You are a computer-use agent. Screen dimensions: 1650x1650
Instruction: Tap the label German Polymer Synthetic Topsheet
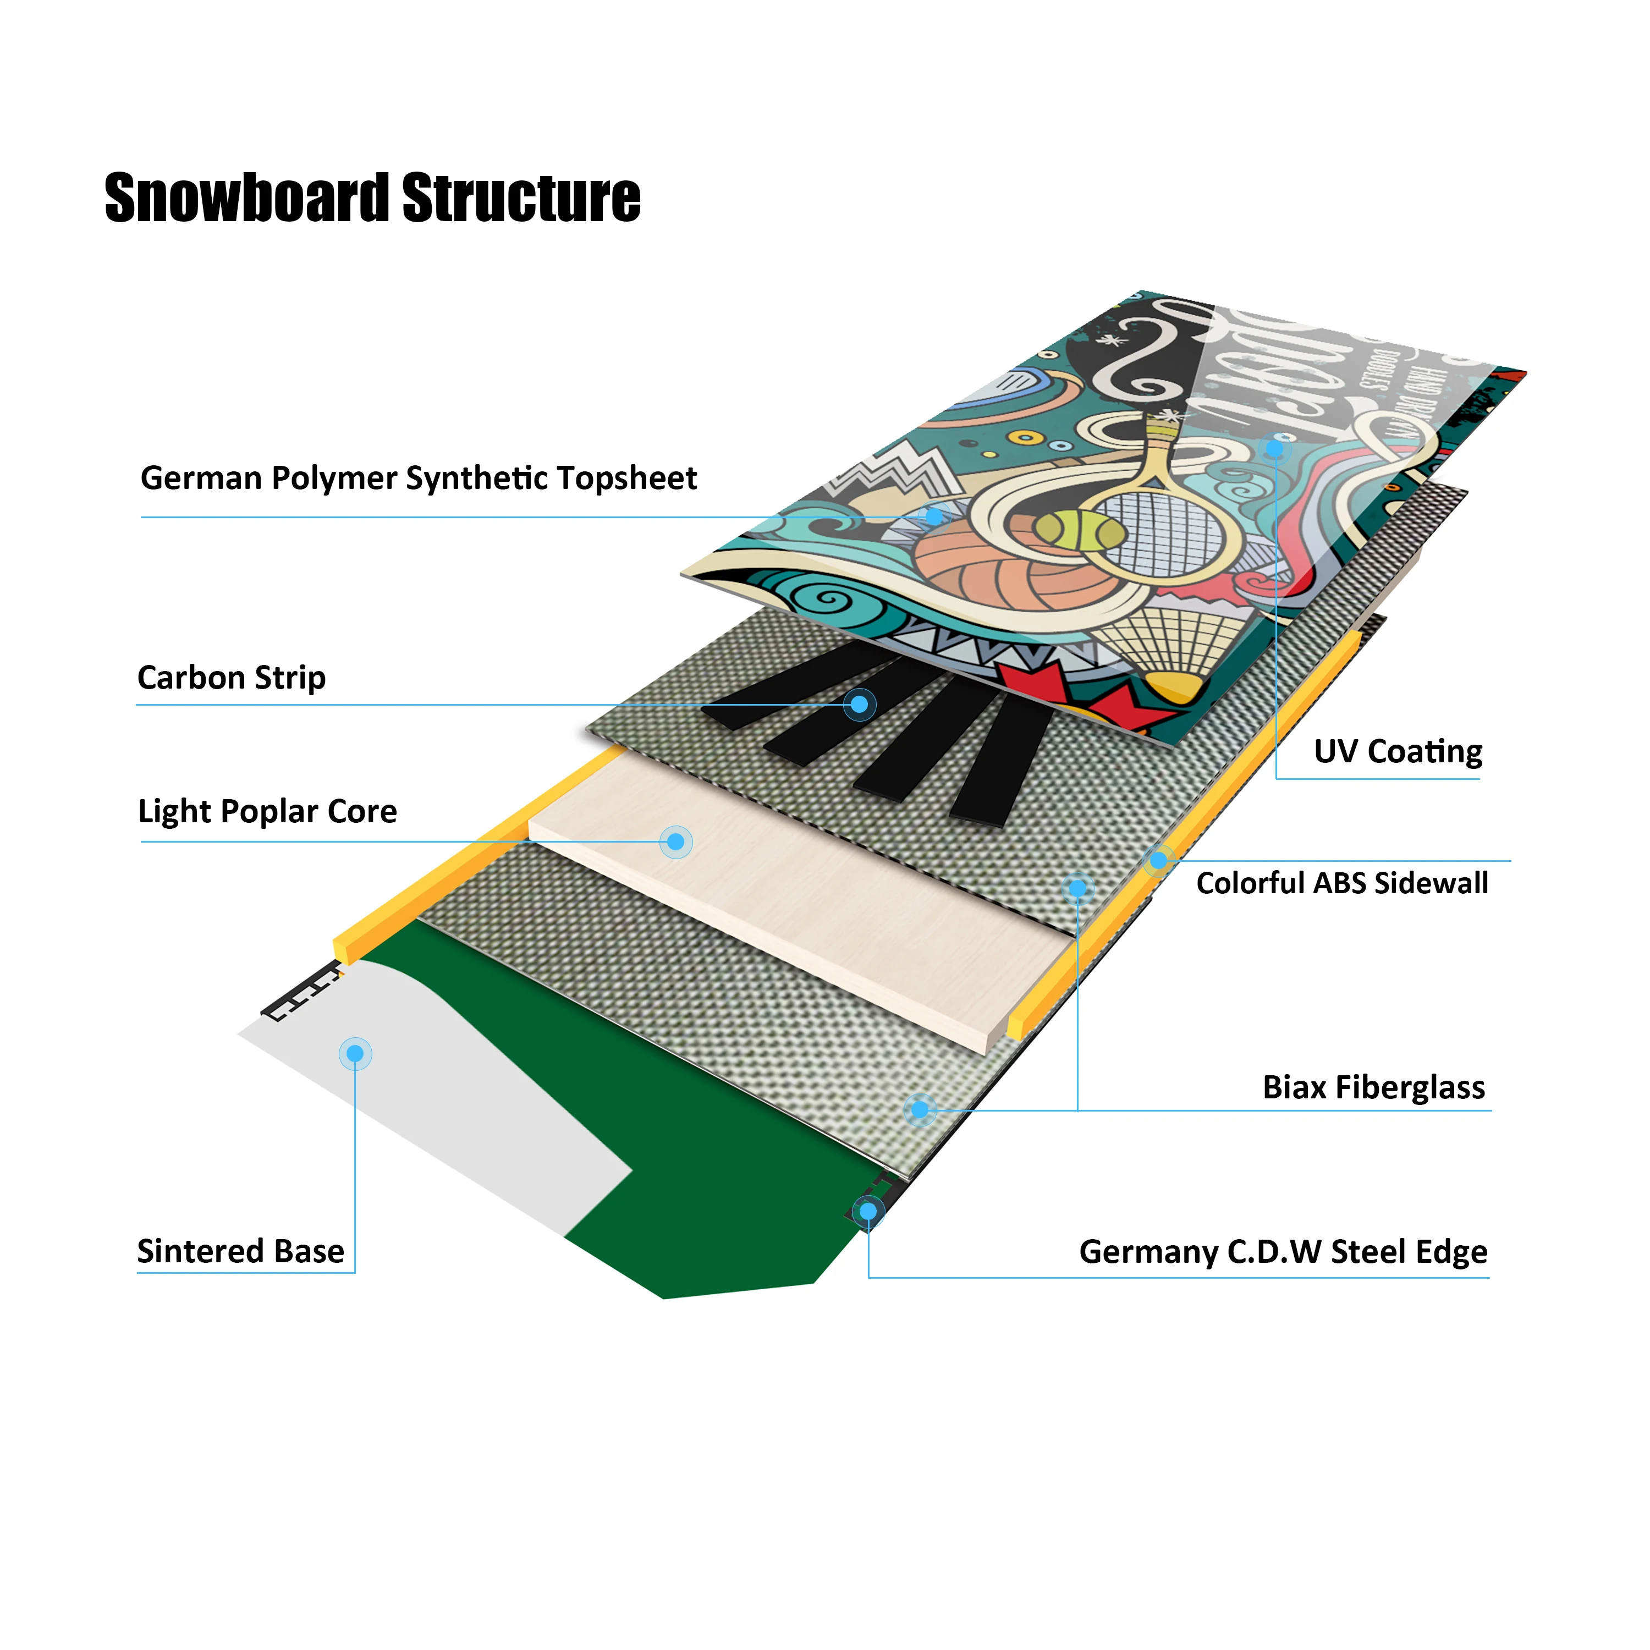pos(419,479)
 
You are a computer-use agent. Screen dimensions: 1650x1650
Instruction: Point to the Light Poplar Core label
pos(267,811)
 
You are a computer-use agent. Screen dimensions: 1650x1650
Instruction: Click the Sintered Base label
pos(241,1251)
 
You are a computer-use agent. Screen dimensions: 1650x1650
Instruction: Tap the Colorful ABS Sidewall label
pos(1341,883)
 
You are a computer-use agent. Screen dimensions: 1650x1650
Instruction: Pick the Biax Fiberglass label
pos(1373,1087)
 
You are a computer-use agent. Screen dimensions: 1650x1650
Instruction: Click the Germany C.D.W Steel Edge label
pos(1283,1252)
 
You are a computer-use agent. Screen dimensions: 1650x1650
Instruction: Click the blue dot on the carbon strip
pos(860,705)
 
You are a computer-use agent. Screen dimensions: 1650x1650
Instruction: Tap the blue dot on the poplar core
pos(675,842)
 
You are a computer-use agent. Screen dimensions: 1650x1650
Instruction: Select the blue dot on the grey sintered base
pos(355,1054)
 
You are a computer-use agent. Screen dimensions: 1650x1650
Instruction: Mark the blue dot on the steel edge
pos(868,1211)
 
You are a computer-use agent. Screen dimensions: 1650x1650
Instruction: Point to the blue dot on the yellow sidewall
pos(1158,861)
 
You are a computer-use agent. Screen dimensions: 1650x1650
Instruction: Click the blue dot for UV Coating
pos(1275,448)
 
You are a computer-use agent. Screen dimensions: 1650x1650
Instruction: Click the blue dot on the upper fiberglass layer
pos(1078,889)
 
